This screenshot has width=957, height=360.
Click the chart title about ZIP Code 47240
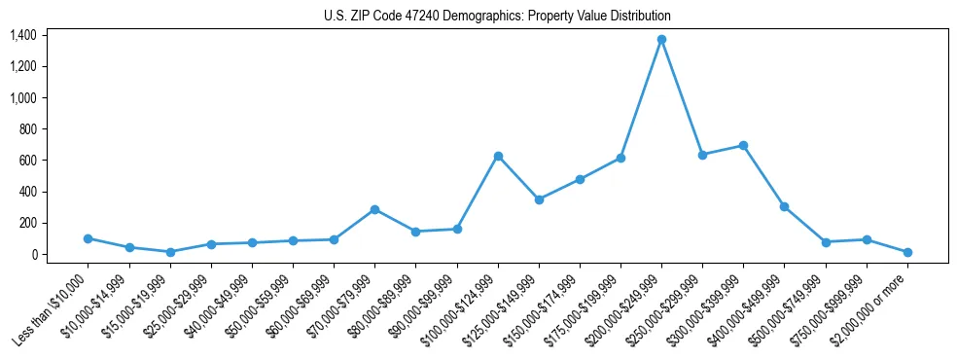(497, 17)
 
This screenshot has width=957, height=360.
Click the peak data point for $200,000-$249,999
(661, 39)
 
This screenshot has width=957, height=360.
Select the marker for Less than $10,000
(88, 238)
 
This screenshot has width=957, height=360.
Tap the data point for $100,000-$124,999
(498, 156)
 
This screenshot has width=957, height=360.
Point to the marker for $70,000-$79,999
(374, 209)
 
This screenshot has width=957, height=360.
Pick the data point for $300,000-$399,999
(743, 145)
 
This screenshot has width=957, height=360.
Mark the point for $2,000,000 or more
(907, 252)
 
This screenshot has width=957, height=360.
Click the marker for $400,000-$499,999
(784, 206)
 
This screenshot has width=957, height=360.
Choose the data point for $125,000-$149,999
(539, 199)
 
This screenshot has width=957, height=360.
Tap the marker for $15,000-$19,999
(170, 252)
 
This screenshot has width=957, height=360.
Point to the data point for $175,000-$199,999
(620, 158)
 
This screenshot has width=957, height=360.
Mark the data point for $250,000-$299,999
(702, 155)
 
